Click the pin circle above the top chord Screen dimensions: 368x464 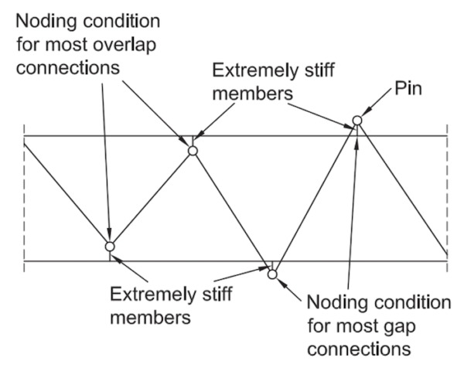357,121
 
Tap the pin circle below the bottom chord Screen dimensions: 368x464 271,273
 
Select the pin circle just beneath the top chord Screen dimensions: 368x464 193,150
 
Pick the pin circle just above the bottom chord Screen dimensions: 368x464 110,247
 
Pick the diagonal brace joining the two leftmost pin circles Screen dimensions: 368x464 152,199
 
